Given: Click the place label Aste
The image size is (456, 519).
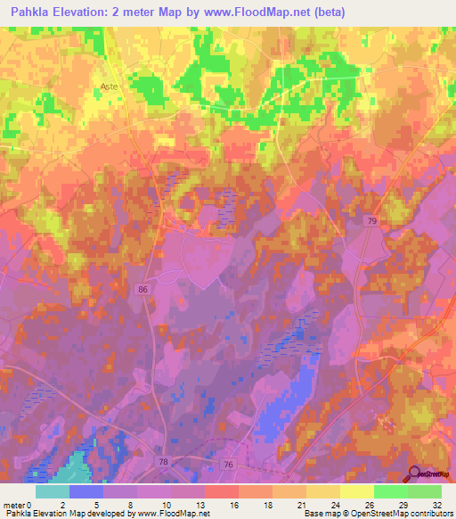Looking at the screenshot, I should coord(109,86).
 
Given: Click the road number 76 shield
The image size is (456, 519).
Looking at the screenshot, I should coord(228,465).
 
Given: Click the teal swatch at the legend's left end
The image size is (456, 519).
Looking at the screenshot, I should coord(53,491).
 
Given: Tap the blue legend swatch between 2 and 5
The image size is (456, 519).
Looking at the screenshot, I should coord(86,491).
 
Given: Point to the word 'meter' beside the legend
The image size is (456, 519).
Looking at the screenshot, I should coord(15,504).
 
